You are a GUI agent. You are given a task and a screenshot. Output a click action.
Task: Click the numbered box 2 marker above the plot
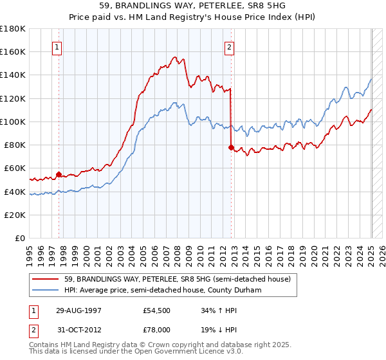tap(229, 46)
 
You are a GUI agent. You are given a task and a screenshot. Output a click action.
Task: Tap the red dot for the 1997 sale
tap(59, 174)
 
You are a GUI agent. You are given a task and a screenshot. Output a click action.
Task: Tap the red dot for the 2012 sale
tap(231, 147)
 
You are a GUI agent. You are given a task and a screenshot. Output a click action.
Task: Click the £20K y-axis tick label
tap(15, 215)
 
